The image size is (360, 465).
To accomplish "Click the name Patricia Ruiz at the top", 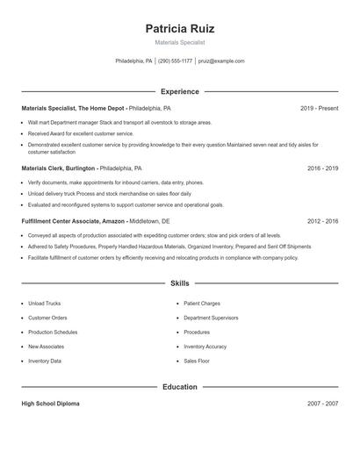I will [179, 28].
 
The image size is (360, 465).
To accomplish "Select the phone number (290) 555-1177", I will [175, 61].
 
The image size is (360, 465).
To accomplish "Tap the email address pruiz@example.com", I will [221, 61].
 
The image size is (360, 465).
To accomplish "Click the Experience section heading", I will [179, 91].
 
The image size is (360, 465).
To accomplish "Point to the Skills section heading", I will [179, 283].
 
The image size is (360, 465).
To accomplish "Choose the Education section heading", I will [179, 387].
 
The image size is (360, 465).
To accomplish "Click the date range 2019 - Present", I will [319, 108].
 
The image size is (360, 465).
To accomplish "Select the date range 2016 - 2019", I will [322, 167].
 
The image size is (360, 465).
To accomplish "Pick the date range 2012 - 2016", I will [322, 222].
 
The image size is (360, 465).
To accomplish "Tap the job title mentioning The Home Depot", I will [74, 108].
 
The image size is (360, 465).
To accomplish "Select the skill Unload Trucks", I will [44, 304].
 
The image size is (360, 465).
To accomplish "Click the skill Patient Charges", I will [202, 304].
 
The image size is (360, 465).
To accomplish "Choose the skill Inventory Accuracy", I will [205, 347].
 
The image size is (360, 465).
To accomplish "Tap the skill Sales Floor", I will [197, 361].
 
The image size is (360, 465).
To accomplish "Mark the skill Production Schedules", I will [53, 333].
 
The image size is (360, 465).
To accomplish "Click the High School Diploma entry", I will [50, 404].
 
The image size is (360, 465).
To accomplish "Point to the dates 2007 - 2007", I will [322, 404].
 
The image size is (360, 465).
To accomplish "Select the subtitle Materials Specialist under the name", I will [179, 42].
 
